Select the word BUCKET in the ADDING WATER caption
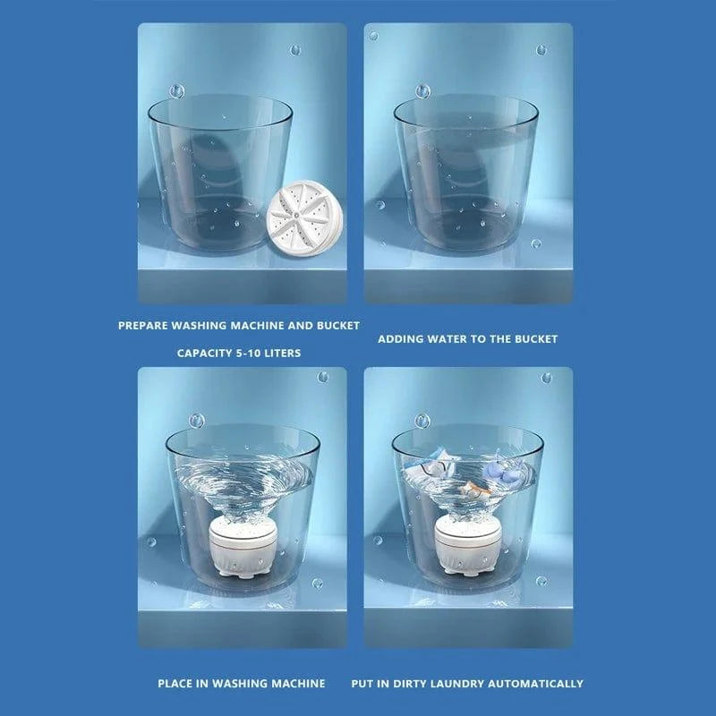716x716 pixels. pos(536,339)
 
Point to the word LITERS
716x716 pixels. pos(283,353)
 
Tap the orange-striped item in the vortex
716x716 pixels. pos(476,490)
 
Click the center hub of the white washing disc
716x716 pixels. pos(296,213)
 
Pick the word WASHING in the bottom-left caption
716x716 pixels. pos(239,684)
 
